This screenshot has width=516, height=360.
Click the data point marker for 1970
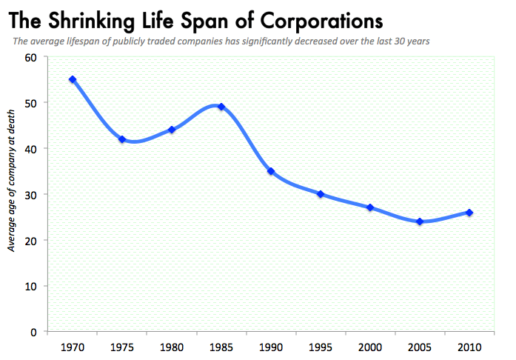coord(73,79)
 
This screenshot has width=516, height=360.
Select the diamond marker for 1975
coord(122,139)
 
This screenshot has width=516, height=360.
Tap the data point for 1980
coord(172,130)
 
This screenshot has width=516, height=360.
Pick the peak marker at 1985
coord(221,107)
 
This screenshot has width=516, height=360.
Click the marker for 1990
coord(271,171)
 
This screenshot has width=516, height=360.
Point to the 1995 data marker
coord(321,194)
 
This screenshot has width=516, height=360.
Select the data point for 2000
coord(370,207)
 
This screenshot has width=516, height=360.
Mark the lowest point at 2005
coord(420,221)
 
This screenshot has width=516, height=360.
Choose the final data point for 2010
coord(469,213)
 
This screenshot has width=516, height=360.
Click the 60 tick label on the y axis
coord(32,57)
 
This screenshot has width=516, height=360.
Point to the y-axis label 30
coord(32,194)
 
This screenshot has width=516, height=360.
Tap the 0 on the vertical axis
coord(35,332)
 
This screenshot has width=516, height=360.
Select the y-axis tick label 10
coord(32,286)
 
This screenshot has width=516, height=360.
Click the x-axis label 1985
coord(221,347)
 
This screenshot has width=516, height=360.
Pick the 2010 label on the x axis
coord(469,347)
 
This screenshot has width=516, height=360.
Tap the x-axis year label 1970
coord(73,347)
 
